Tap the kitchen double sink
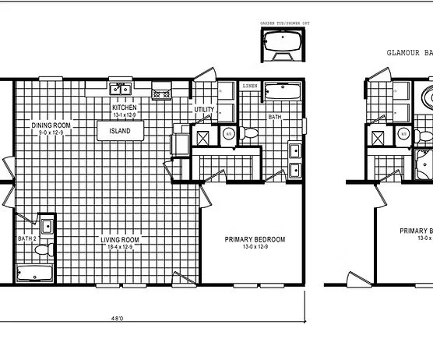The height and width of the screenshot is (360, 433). (119, 89)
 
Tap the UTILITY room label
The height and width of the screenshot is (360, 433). (204, 110)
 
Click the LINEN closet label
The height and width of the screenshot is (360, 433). (250, 85)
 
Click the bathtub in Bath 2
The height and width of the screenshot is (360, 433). (33, 274)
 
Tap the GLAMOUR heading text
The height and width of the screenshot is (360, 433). (405, 53)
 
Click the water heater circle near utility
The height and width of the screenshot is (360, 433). (229, 134)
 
